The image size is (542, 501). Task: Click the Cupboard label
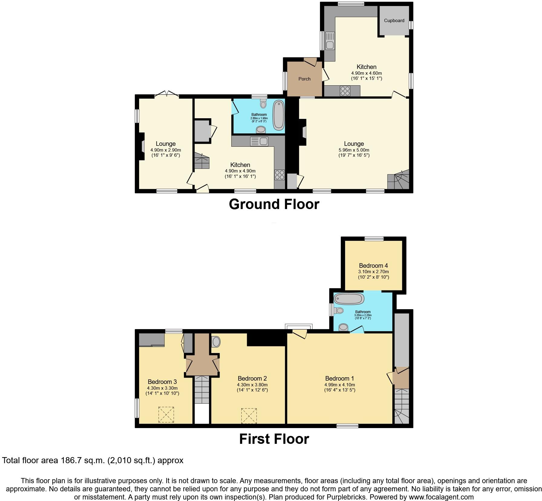(x=394, y=21)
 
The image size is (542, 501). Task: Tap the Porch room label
(x=304, y=79)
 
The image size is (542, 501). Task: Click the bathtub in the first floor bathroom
(x=348, y=299)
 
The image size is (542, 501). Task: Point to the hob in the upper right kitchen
(x=345, y=91)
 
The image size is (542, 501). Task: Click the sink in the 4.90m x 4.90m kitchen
(x=259, y=141)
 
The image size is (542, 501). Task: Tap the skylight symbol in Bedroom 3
(x=166, y=414)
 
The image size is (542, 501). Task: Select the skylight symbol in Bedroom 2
(x=249, y=416)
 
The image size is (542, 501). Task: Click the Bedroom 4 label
(x=373, y=266)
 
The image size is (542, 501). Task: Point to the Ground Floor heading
(x=274, y=204)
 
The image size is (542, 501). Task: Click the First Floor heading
(x=274, y=439)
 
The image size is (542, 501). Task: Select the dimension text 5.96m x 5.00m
(x=354, y=150)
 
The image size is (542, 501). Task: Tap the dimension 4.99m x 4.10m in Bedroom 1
(x=339, y=385)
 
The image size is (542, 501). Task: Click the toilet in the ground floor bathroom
(x=263, y=104)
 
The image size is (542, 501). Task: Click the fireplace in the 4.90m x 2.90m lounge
(x=142, y=146)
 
